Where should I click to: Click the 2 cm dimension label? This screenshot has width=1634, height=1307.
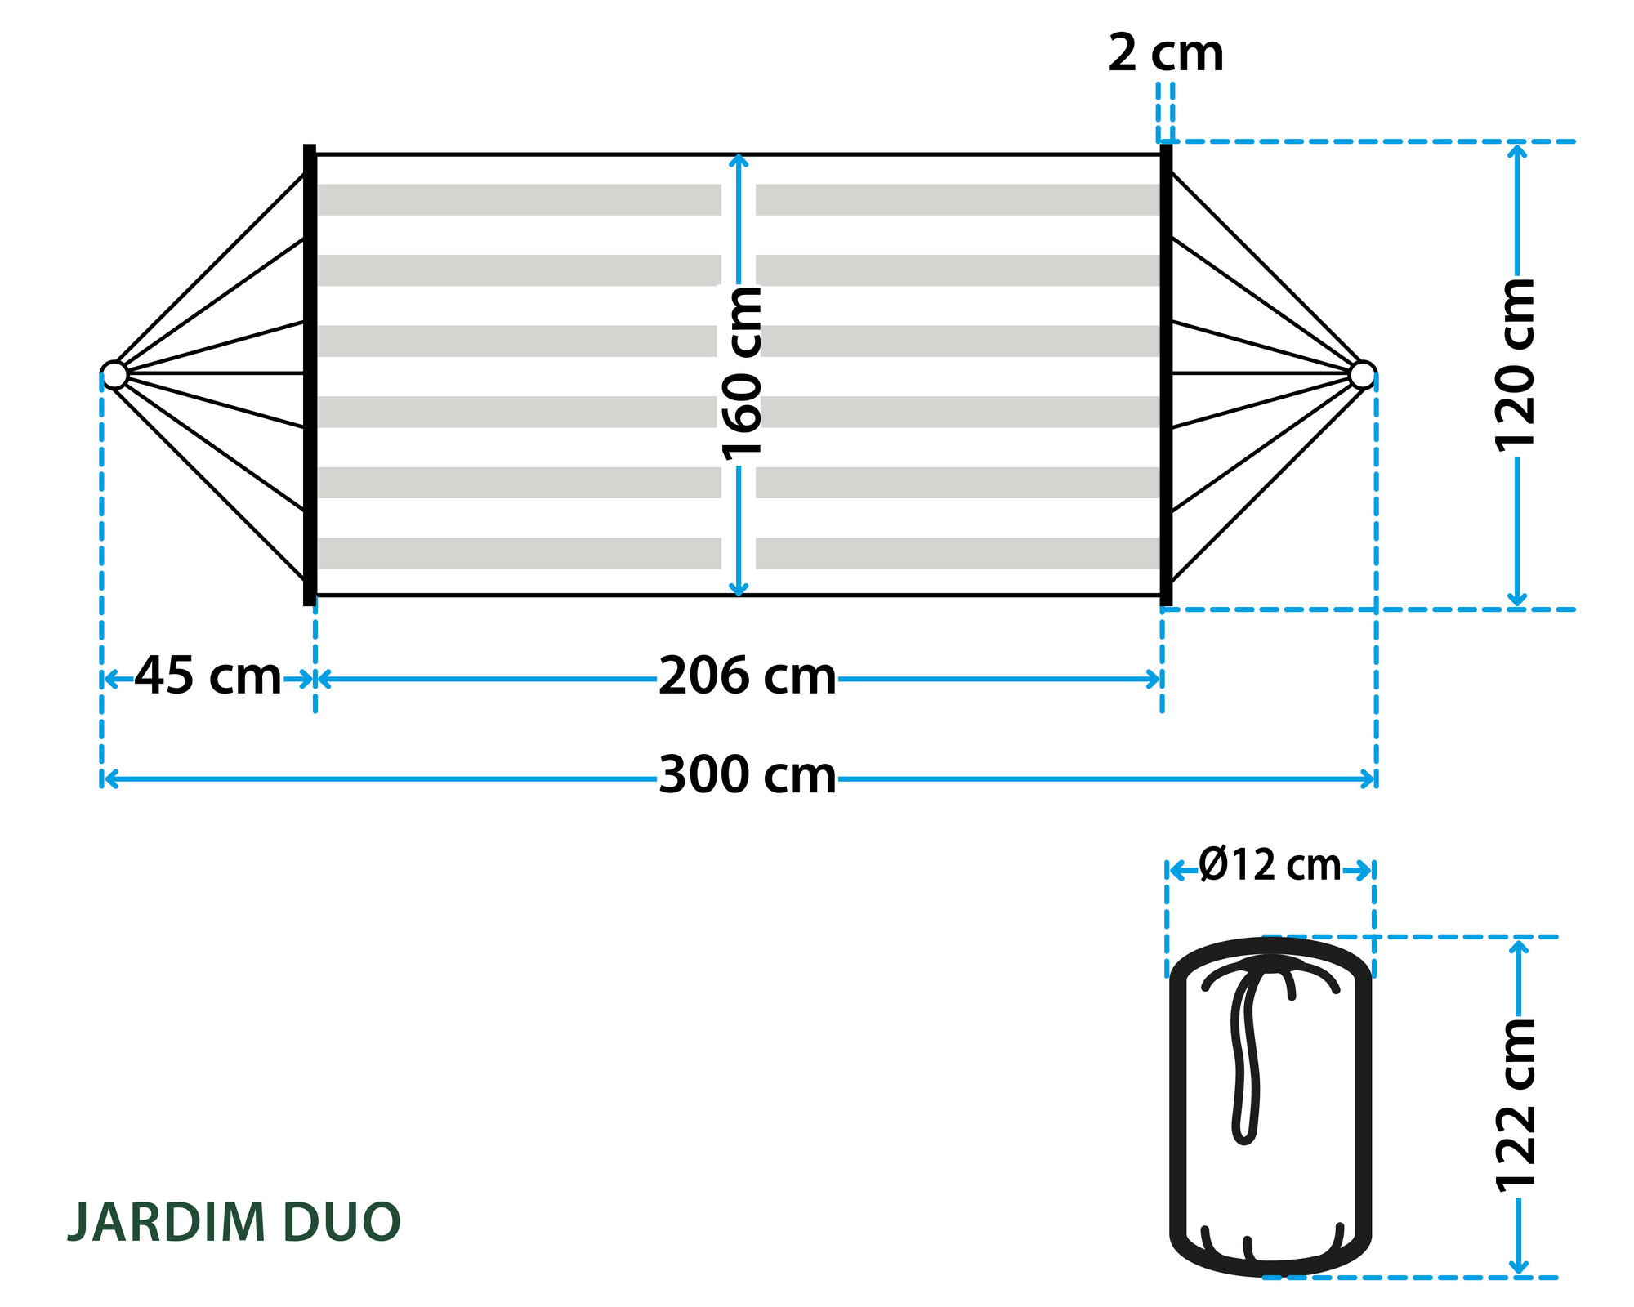[1166, 54]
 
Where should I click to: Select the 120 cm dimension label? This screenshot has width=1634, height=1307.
[1516, 364]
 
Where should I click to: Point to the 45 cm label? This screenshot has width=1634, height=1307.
[208, 676]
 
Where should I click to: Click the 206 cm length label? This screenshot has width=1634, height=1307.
[748, 677]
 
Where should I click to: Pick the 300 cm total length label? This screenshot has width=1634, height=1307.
[748, 775]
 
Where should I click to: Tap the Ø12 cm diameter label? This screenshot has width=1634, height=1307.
[1270, 865]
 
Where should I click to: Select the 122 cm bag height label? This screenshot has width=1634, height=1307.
[1516, 1105]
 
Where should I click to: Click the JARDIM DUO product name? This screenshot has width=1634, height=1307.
[234, 1223]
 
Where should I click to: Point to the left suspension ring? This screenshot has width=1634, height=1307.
[114, 375]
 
